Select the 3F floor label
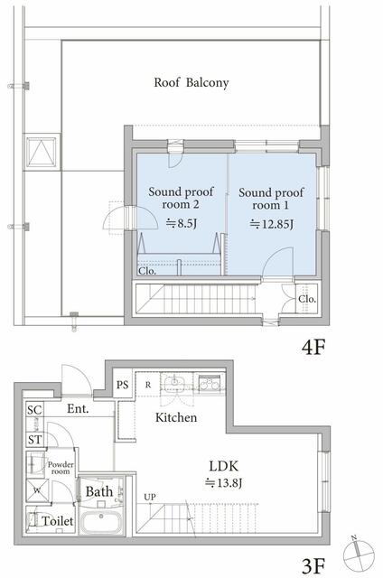(313, 566)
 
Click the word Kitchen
(178, 418)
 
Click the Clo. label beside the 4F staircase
(307, 298)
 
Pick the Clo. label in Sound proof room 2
(147, 269)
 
